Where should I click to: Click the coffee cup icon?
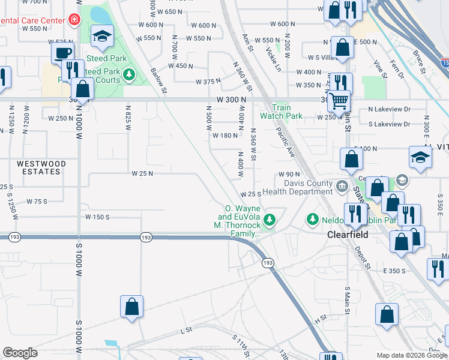62,53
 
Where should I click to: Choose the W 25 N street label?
143,173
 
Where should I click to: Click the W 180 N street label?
226,136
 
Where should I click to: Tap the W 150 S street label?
97,217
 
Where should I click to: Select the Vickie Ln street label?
273,58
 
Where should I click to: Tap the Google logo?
20,353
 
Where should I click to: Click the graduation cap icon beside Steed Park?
102,37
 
